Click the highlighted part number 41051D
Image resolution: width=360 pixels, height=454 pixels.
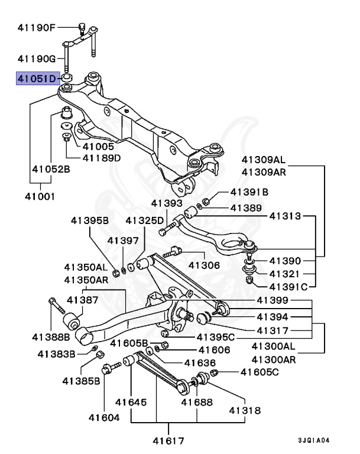[37, 78]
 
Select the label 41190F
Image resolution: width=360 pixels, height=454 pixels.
[37, 27]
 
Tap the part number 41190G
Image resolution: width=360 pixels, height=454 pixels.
[37, 59]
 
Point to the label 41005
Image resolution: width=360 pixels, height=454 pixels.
[98, 146]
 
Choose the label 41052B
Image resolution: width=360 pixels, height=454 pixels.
[50, 169]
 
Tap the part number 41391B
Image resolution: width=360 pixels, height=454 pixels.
[249, 192]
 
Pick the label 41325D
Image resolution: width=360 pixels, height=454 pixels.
[144, 220]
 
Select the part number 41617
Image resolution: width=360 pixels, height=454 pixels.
[168, 440]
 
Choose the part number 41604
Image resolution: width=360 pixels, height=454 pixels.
[104, 417]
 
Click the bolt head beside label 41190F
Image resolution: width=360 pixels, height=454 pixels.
[83, 27]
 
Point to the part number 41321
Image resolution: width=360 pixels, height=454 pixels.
[285, 274]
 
